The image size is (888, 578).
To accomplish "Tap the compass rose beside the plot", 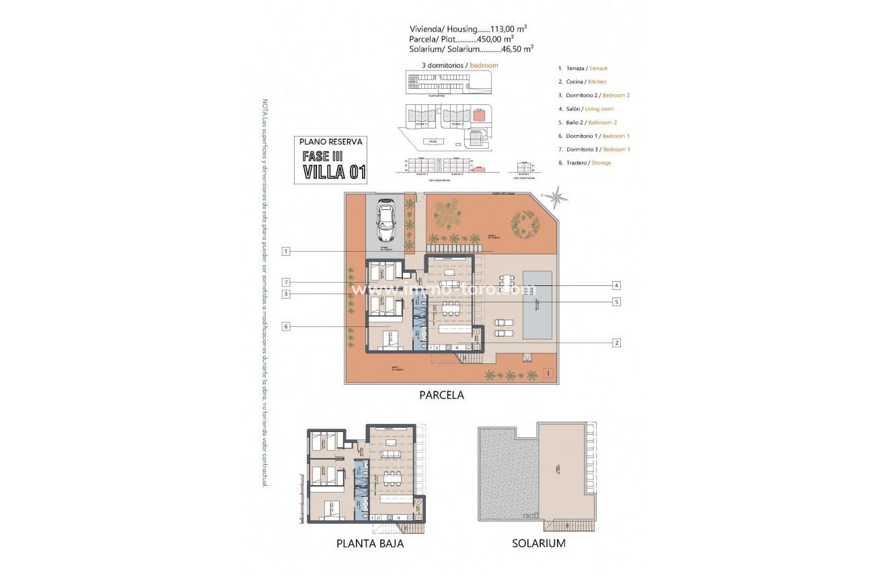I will [x=556, y=197].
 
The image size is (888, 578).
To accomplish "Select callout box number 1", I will [x=286, y=252].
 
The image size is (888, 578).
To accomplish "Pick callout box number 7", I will [x=286, y=282].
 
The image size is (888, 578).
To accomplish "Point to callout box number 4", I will [x=616, y=285].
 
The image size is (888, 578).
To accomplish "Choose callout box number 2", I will [x=616, y=342].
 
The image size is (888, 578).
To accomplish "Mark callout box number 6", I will [x=286, y=326].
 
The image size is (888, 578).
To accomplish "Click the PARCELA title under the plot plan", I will [x=441, y=396].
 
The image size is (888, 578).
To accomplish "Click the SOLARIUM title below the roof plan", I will [x=538, y=543].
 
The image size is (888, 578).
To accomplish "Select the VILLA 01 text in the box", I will [x=334, y=172].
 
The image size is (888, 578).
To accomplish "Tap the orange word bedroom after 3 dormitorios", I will [x=484, y=65].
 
